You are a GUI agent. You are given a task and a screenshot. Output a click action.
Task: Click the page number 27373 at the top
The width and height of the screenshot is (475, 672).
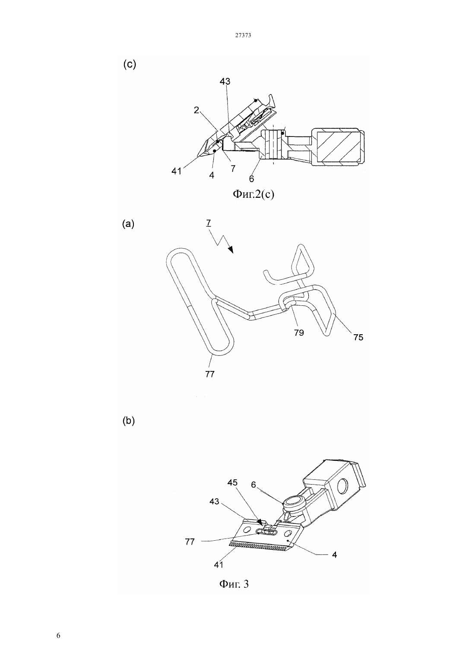243,35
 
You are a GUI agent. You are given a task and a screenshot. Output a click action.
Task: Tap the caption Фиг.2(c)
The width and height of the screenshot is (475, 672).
253,194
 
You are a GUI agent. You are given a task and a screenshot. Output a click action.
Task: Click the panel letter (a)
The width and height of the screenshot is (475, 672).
128,224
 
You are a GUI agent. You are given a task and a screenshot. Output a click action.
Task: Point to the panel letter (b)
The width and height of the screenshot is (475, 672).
129,421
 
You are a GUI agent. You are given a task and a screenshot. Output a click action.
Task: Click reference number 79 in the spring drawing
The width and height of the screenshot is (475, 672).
299,333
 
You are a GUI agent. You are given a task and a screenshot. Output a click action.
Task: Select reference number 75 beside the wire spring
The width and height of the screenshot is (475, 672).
358,337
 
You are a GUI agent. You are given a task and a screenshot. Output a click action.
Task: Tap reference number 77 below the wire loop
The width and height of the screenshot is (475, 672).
210,374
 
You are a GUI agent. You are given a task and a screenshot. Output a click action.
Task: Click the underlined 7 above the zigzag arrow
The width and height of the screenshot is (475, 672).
209,223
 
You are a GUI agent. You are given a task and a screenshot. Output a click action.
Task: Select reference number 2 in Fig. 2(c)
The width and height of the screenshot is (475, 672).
196,111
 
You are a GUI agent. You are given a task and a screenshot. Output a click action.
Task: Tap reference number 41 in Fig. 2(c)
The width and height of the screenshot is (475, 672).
176,171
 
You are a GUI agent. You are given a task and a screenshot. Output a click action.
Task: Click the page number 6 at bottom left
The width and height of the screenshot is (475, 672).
58,636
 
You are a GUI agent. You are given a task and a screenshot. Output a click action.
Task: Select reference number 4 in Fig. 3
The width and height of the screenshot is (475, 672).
334,555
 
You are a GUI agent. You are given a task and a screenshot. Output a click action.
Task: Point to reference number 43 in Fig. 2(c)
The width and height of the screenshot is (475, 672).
225,81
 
